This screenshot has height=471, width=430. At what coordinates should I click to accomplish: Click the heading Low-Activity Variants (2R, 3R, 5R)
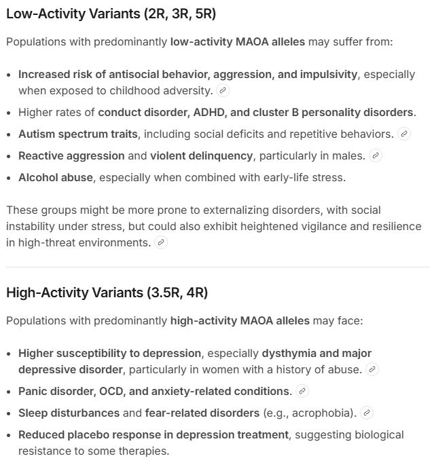tap(111, 14)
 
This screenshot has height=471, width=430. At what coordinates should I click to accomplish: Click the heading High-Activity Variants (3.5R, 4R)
tap(107, 293)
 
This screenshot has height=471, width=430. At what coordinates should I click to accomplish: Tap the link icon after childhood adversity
tap(223, 90)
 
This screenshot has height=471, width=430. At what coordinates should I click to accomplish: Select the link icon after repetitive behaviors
tap(404, 134)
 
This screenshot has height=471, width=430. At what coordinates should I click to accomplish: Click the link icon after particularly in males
tap(375, 155)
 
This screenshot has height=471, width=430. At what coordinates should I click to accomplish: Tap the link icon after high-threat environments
tap(161, 242)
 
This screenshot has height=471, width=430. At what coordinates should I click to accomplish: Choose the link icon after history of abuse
tap(372, 369)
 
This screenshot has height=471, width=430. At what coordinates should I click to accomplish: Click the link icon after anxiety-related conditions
tap(302, 391)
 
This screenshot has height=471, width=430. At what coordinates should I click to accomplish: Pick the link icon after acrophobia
tap(366, 413)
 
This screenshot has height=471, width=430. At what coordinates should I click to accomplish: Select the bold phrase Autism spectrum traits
tap(77, 134)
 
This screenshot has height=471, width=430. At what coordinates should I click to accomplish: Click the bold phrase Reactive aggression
tap(71, 155)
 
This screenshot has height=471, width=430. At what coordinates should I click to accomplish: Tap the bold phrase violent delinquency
tap(201, 155)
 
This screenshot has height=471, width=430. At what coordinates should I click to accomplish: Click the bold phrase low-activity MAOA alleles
tap(237, 42)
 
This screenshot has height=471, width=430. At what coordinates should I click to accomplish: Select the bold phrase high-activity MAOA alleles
tap(240, 320)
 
